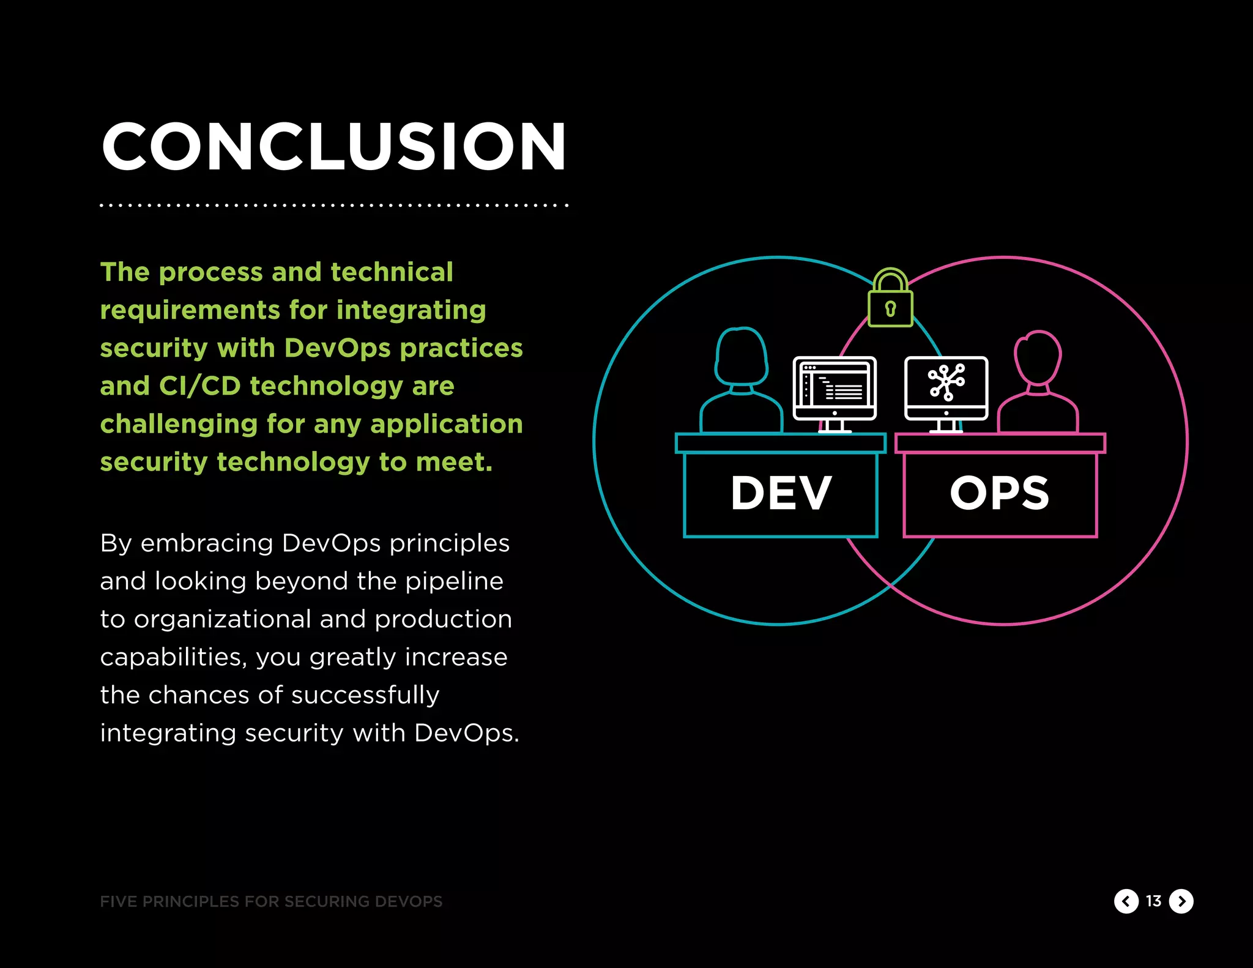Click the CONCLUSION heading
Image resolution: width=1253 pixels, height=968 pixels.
(333, 147)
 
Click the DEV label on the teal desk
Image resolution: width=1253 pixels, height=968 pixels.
(781, 493)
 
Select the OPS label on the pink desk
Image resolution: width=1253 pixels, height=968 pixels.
(1000, 493)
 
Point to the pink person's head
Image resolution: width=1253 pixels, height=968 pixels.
(1038, 358)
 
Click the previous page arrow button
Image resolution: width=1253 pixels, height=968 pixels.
(1126, 901)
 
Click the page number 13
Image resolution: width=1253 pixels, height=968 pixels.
(1153, 901)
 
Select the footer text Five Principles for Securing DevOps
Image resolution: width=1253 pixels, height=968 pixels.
(271, 901)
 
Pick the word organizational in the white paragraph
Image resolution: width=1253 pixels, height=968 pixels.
(223, 619)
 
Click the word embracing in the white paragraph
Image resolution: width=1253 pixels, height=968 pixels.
(207, 543)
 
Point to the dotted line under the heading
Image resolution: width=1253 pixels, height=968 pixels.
(333, 205)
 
